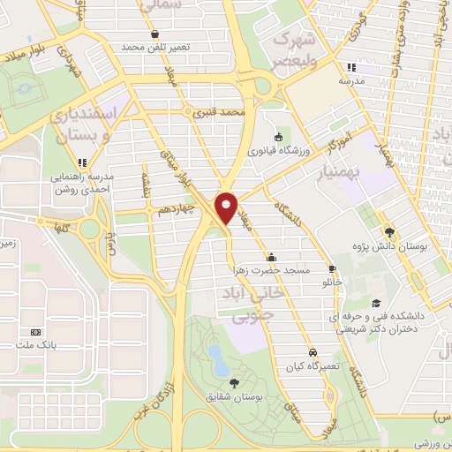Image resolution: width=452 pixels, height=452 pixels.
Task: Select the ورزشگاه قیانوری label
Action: [280, 151]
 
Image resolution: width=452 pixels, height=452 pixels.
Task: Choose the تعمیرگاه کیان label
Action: [313, 365]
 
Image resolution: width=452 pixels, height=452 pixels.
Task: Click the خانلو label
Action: [330, 282]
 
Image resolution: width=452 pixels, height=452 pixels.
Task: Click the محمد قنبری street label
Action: [219, 114]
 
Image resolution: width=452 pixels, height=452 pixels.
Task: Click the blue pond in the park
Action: [215, 355]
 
